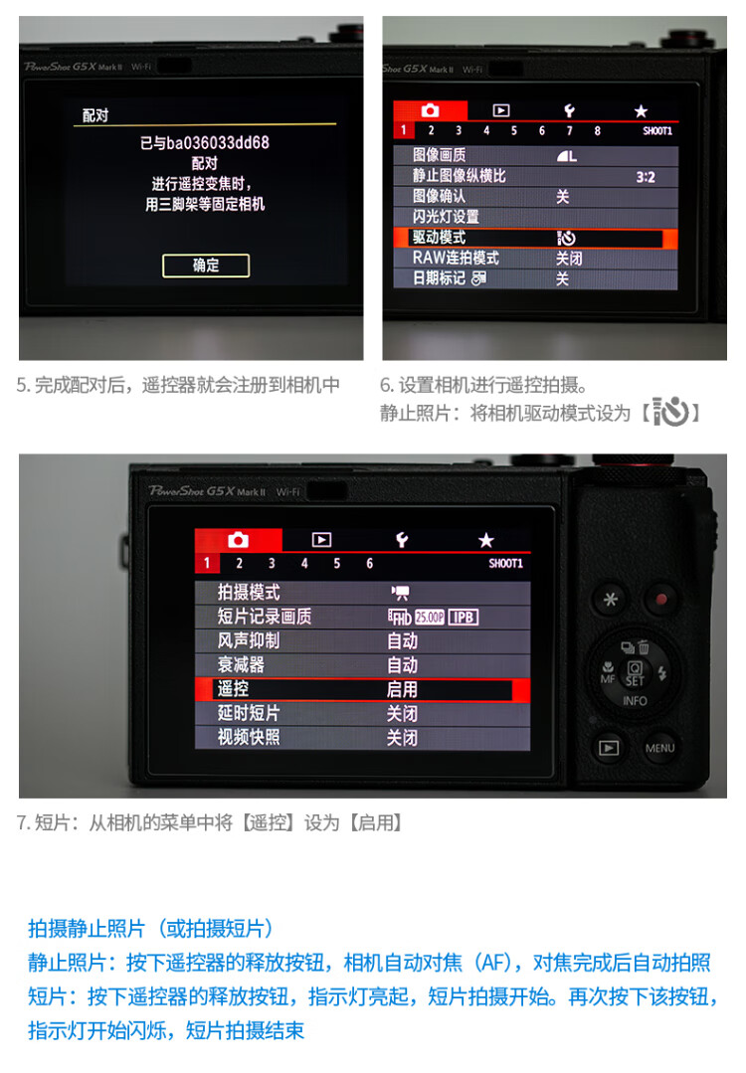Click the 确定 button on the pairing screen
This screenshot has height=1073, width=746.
[205, 266]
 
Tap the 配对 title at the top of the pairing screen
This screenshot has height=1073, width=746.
[95, 115]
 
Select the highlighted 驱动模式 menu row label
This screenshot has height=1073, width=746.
[439, 238]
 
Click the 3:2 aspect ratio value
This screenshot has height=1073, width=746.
[646, 177]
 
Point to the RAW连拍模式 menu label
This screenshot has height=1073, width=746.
[456, 258]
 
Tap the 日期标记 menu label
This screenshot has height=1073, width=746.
[439, 278]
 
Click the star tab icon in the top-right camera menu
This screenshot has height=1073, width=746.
[641, 110]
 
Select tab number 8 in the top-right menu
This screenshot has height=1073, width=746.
[598, 130]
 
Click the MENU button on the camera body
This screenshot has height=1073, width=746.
[659, 748]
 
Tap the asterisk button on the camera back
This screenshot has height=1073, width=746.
[610, 600]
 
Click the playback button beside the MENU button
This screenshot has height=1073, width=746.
[609, 748]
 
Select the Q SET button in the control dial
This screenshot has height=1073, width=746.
[635, 672]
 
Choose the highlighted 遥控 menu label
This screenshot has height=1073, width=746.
[234, 688]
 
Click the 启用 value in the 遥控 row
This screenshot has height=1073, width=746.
[402, 689]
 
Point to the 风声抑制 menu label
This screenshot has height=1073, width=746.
[249, 640]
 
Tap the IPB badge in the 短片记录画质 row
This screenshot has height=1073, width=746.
[464, 618]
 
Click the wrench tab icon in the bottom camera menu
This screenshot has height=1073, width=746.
[402, 541]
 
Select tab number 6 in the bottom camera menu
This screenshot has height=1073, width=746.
[370, 563]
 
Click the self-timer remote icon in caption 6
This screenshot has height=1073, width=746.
[670, 412]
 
